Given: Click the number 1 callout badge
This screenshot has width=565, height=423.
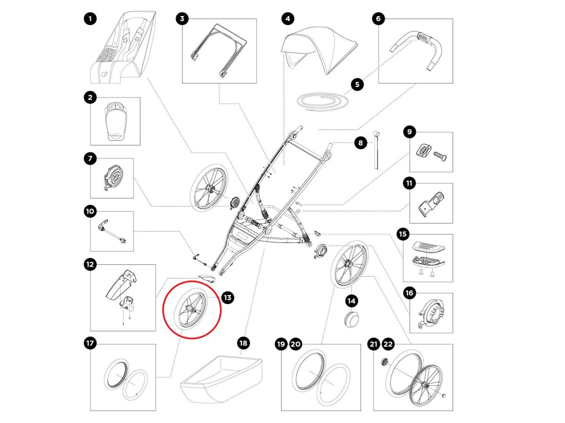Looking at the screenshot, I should pyautogui.click(x=90, y=19).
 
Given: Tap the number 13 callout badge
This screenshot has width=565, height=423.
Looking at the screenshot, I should pyautogui.click(x=228, y=297).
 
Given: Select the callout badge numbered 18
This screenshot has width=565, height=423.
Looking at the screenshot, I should pyautogui.click(x=243, y=343).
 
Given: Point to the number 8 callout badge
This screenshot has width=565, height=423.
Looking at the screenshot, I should pyautogui.click(x=360, y=143).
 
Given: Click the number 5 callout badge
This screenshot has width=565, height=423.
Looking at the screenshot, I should pyautogui.click(x=357, y=85).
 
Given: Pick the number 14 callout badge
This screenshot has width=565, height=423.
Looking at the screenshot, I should pyautogui.click(x=351, y=300).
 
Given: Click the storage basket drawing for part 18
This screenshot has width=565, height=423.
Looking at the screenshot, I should pyautogui.click(x=221, y=379).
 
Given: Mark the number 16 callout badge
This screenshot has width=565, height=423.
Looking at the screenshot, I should pyautogui.click(x=409, y=293).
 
